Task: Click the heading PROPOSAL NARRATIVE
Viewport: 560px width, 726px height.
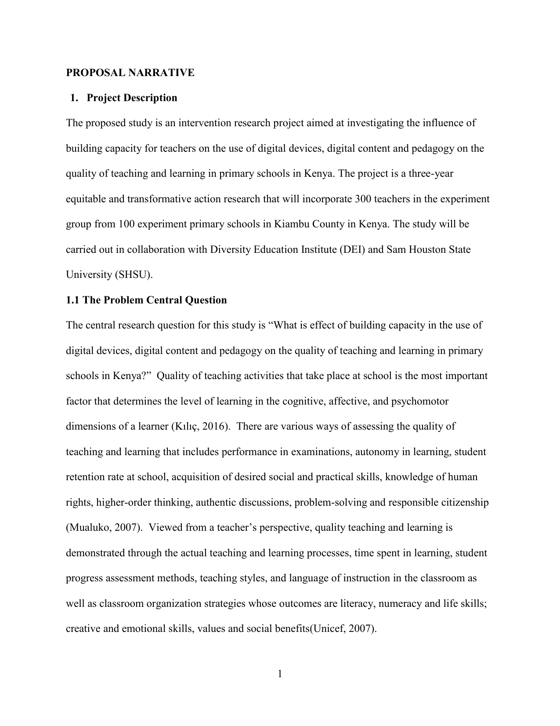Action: point(130,73)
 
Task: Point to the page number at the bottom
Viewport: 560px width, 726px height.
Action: point(280,674)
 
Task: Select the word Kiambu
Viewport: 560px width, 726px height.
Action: point(292,224)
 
